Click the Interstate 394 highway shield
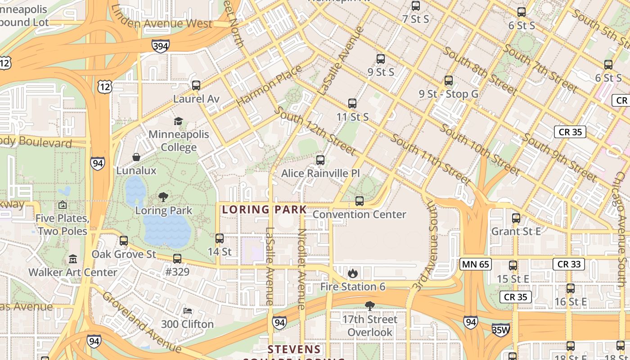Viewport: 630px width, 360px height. click(x=160, y=45)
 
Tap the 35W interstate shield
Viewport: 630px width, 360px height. click(x=500, y=329)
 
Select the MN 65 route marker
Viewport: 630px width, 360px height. click(x=475, y=264)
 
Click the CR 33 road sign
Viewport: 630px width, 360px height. click(x=569, y=264)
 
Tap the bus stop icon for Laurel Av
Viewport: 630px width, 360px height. click(x=196, y=85)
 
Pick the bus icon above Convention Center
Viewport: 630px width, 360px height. click(x=359, y=201)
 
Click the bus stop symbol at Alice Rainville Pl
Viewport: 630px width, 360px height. click(x=320, y=160)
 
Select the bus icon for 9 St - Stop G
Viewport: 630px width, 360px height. click(x=448, y=81)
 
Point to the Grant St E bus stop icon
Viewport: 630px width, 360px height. click(x=516, y=218)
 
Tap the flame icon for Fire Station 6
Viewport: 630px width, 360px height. click(x=352, y=273)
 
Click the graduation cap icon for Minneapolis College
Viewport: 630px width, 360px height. click(x=179, y=121)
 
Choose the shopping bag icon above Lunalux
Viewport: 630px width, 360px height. click(x=136, y=157)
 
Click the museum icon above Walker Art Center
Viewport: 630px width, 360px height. click(x=73, y=259)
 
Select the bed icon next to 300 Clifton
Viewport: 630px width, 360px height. click(x=188, y=311)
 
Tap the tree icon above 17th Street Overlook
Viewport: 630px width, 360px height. click(x=369, y=306)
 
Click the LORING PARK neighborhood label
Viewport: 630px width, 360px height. click(x=264, y=209)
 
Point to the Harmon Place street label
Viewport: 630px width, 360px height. click(x=269, y=85)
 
